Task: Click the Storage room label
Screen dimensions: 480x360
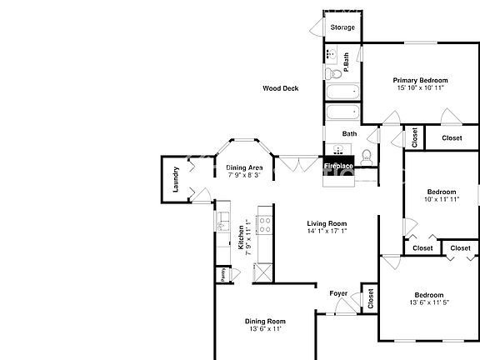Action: [x=342, y=27]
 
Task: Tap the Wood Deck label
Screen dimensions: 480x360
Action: [x=280, y=88]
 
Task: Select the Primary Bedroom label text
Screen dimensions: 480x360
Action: [x=420, y=80]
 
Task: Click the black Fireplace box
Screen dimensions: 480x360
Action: [x=338, y=166]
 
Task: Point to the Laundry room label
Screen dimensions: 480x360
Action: [x=175, y=179]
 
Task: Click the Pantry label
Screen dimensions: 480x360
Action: [x=223, y=275]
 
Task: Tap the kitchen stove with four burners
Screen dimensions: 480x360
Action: [x=265, y=225]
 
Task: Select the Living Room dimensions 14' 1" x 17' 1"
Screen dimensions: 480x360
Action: [x=327, y=231]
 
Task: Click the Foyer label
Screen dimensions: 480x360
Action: [x=338, y=293]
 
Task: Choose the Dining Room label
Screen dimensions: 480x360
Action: [x=265, y=321]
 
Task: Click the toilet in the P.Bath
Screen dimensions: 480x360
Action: [x=333, y=74]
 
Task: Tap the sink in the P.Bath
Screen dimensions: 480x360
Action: [x=331, y=54]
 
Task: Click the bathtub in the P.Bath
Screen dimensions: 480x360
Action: [x=342, y=92]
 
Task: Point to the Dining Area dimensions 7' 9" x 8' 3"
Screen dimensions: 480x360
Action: [x=244, y=175]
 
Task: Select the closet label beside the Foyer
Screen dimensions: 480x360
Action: [x=370, y=298]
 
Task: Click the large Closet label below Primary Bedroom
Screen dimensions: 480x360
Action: [x=452, y=137]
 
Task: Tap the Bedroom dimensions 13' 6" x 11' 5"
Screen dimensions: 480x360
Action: [x=429, y=302]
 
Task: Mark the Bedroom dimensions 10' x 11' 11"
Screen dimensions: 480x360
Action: [x=442, y=199]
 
